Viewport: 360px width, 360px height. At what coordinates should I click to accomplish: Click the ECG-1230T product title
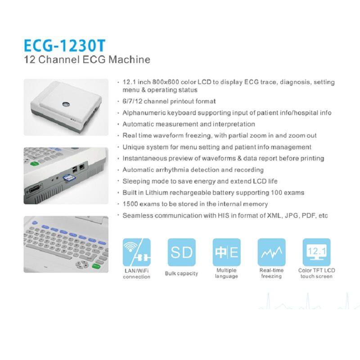64,45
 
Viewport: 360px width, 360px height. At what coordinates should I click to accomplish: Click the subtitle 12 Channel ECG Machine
87,59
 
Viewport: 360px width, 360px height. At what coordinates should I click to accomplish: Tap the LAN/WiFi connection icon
137,252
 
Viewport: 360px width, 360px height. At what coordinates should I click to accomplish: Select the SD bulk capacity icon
182,252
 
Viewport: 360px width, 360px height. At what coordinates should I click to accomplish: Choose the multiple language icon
227,252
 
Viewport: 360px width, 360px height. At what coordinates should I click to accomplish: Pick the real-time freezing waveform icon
272,252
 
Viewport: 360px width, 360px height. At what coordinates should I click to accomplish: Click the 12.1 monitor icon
317,252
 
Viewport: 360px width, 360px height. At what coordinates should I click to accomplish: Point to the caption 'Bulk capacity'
181,274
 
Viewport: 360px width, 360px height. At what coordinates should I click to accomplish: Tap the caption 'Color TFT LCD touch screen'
317,273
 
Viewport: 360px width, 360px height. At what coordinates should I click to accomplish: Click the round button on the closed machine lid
66,104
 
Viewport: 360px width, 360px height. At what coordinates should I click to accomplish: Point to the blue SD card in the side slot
67,178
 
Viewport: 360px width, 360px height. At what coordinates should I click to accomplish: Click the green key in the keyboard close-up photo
96,265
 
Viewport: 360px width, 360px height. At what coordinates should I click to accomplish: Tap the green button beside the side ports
35,163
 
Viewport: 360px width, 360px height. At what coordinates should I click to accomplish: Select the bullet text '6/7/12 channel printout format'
169,101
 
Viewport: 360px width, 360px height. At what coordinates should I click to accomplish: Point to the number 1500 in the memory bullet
130,204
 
